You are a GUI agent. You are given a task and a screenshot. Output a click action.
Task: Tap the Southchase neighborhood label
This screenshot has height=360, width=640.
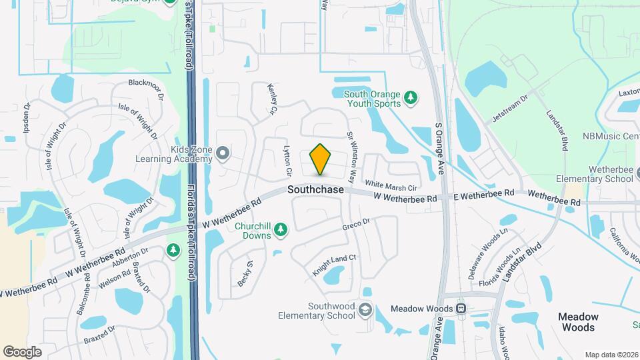click(316, 190)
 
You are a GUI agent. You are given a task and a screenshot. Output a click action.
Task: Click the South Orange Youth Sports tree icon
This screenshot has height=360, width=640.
click(411, 98)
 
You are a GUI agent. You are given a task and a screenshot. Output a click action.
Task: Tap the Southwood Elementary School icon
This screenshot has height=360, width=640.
click(365, 310)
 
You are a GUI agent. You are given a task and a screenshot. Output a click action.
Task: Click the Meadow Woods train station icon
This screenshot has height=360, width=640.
click(461, 309)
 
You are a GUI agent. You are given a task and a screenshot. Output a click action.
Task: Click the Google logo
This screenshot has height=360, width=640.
click(23, 351)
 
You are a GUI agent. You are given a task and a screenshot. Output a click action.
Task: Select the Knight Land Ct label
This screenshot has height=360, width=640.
click(335, 265)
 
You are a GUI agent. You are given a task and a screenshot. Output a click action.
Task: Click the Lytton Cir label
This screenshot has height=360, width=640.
click(288, 161)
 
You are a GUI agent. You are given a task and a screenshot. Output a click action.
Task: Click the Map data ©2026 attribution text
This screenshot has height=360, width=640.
click(611, 355)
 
